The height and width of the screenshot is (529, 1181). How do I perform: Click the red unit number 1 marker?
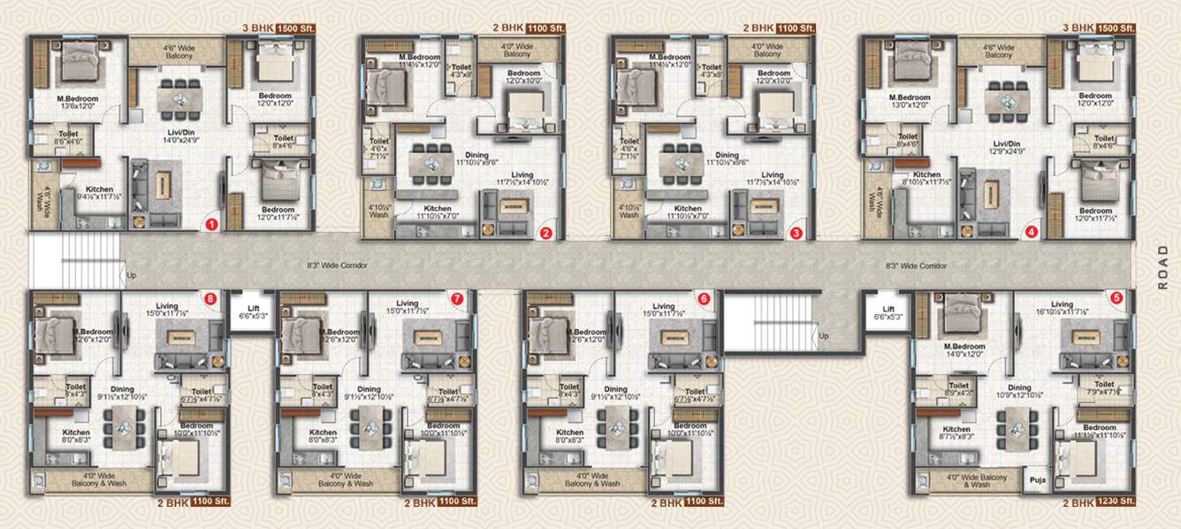[x=211, y=226]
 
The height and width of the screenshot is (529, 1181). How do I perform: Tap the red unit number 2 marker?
[x=546, y=234]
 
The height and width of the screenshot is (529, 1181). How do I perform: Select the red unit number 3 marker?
[x=796, y=234]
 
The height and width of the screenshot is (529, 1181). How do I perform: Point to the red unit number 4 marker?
[x=1031, y=234]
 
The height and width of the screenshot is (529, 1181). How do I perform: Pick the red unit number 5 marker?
[x=1117, y=298]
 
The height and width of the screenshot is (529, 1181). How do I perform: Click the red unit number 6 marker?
[x=704, y=299]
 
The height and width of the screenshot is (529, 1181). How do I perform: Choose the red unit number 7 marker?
[x=457, y=299]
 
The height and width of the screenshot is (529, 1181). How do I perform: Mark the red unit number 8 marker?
[x=210, y=299]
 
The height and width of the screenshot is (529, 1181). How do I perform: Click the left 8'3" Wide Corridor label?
[x=337, y=264]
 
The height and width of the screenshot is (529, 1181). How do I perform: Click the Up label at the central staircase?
[x=824, y=336]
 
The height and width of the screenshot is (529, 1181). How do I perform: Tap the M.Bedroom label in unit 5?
[x=964, y=346]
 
